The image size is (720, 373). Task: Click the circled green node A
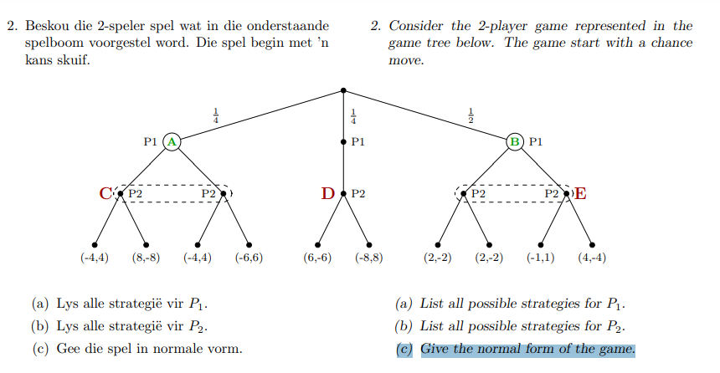(172, 142)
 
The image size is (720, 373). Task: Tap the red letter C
(105, 195)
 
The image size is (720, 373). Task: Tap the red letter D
(328, 195)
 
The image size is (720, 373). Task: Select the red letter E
(580, 195)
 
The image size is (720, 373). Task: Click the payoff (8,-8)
(146, 258)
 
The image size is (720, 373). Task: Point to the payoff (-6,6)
(249, 258)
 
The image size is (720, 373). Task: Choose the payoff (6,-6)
(317, 258)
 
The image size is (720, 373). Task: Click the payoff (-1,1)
(540, 258)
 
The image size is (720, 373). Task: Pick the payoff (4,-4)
(592, 258)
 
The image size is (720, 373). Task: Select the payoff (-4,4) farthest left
(95, 258)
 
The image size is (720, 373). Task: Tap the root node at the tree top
(343, 89)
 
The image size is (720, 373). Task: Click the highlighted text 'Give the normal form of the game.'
(527, 349)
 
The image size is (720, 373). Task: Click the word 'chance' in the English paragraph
(672, 43)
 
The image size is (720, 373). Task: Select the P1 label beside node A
(152, 142)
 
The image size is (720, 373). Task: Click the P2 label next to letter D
(358, 194)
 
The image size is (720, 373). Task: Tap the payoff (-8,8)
(369, 258)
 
